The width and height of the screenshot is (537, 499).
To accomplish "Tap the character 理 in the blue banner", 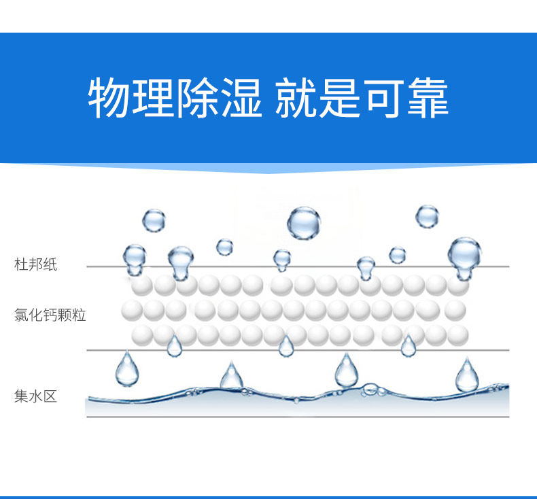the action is [x=154, y=98].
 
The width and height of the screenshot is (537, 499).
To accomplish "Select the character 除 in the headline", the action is [x=197, y=98].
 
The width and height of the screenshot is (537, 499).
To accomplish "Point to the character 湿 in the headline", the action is [x=241, y=98].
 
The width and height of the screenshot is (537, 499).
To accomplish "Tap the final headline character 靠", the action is [x=428, y=98].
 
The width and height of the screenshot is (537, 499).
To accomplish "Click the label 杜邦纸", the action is [x=36, y=265].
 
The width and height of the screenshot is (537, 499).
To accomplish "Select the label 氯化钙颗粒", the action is [x=50, y=315].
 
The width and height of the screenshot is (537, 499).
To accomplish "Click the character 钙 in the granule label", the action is [x=50, y=315].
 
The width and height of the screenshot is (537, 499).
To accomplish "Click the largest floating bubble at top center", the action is [x=303, y=222].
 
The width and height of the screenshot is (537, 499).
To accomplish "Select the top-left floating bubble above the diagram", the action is [x=154, y=220].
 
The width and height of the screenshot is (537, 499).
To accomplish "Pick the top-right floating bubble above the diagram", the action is [x=427, y=216].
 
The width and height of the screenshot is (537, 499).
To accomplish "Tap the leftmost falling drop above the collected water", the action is [x=126, y=369].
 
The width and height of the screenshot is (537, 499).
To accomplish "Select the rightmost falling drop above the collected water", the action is [x=467, y=375].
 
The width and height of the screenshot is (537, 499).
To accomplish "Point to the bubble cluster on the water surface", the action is [x=370, y=390].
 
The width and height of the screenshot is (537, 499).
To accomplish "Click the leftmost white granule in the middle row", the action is [x=133, y=310].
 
